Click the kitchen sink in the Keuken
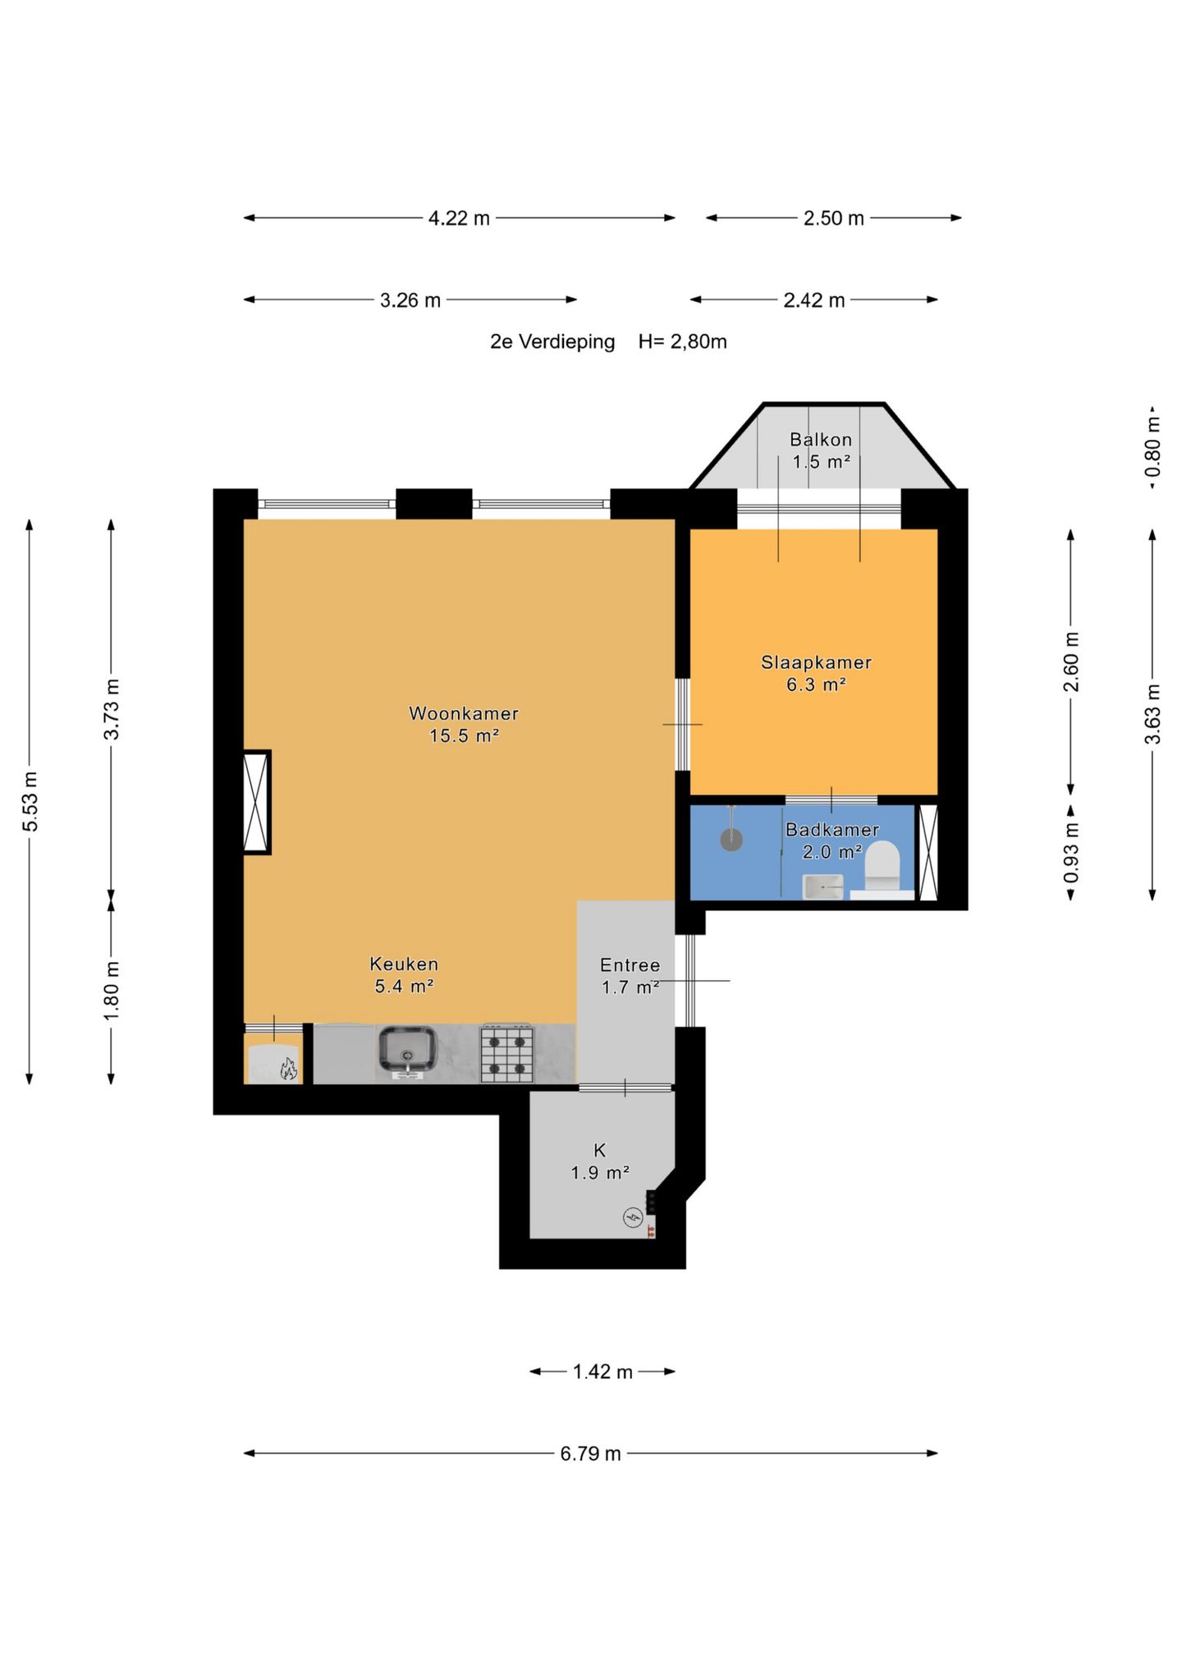click(x=406, y=1051)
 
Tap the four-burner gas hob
click(x=506, y=1054)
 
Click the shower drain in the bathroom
click(x=731, y=840)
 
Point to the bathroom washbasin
click(x=822, y=887)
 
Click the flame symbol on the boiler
click(x=288, y=1069)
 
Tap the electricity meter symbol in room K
click(x=633, y=1217)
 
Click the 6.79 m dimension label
click(x=590, y=1454)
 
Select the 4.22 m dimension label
click(x=459, y=218)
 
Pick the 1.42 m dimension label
click(x=602, y=1372)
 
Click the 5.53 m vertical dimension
click(x=30, y=802)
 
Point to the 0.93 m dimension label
click(x=1071, y=854)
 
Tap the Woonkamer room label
click(x=464, y=714)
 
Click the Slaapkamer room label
click(x=816, y=662)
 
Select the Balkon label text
click(x=821, y=440)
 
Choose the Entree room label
click(x=630, y=965)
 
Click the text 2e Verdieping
click(x=552, y=342)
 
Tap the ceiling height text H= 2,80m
click(x=683, y=342)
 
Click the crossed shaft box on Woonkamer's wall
click(x=257, y=803)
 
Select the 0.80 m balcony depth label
click(x=1153, y=447)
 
